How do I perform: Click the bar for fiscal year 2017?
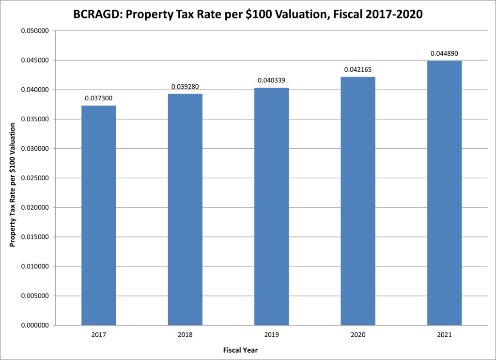[98, 215]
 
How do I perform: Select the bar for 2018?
[185, 209]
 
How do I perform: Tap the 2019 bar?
[271, 206]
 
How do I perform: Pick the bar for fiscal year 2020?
[358, 201]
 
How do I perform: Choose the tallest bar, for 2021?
[444, 193]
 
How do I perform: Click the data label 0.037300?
[98, 98]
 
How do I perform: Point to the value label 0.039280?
[185, 87]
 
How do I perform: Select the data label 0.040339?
[271, 80]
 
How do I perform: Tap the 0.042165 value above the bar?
[358, 70]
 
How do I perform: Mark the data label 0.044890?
[444, 53]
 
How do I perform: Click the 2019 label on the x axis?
[271, 335]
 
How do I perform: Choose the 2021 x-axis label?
[444, 335]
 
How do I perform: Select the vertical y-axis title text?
[13, 185]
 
